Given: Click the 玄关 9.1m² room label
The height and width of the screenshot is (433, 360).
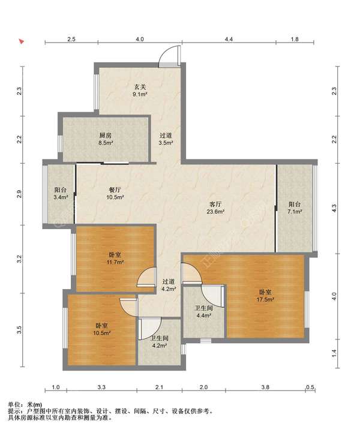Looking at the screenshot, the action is pyautogui.click(x=140, y=91).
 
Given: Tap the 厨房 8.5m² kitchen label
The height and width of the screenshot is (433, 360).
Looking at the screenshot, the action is pyautogui.click(x=105, y=139).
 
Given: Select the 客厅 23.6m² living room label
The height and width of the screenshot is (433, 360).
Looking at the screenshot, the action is pyautogui.click(x=215, y=208).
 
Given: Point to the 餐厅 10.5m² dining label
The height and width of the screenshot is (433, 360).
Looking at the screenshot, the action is pyautogui.click(x=115, y=193).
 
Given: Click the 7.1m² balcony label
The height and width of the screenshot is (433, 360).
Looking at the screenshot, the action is pyautogui.click(x=295, y=208).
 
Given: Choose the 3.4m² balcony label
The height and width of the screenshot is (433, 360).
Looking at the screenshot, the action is pyautogui.click(x=61, y=193).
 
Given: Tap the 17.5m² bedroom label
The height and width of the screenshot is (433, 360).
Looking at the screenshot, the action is pyautogui.click(x=265, y=296).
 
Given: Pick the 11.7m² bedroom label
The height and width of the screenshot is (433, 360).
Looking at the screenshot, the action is pyautogui.click(x=115, y=258).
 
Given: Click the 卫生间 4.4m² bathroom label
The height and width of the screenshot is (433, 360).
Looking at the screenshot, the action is pyautogui.click(x=203, y=311).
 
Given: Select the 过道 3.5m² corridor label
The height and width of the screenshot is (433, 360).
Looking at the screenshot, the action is pyautogui.click(x=166, y=139).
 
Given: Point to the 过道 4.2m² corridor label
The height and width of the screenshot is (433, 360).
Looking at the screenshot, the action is pyautogui.click(x=169, y=285).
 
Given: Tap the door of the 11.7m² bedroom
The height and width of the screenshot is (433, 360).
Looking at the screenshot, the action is pyautogui.click(x=147, y=277).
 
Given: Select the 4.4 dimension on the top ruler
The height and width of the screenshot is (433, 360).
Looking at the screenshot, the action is pyautogui.click(x=229, y=39).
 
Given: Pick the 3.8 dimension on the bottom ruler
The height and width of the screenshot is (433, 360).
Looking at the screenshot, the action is pyautogui.click(x=265, y=387).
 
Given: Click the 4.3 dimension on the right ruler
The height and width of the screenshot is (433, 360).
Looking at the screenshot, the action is pyautogui.click(x=334, y=208).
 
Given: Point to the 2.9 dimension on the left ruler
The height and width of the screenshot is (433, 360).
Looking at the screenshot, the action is pyautogui.click(x=19, y=194).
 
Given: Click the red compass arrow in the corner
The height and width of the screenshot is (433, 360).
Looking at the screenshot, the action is pyautogui.click(x=21, y=42).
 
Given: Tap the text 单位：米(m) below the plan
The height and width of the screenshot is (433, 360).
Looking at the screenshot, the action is pyautogui.click(x=25, y=405).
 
